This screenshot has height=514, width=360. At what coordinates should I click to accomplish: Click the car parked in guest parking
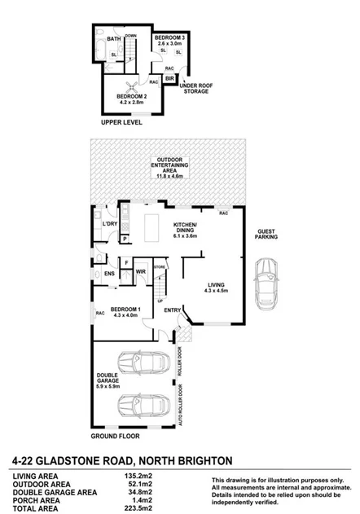(267, 284)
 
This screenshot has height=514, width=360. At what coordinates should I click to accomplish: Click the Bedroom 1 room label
(125, 313)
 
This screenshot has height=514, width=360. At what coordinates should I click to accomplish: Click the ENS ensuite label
(109, 275)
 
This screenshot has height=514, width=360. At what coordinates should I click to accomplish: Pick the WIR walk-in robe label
(140, 271)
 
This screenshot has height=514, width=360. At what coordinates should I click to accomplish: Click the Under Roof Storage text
(196, 89)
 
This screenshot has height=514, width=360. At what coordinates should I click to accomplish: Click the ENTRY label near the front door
(172, 310)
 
